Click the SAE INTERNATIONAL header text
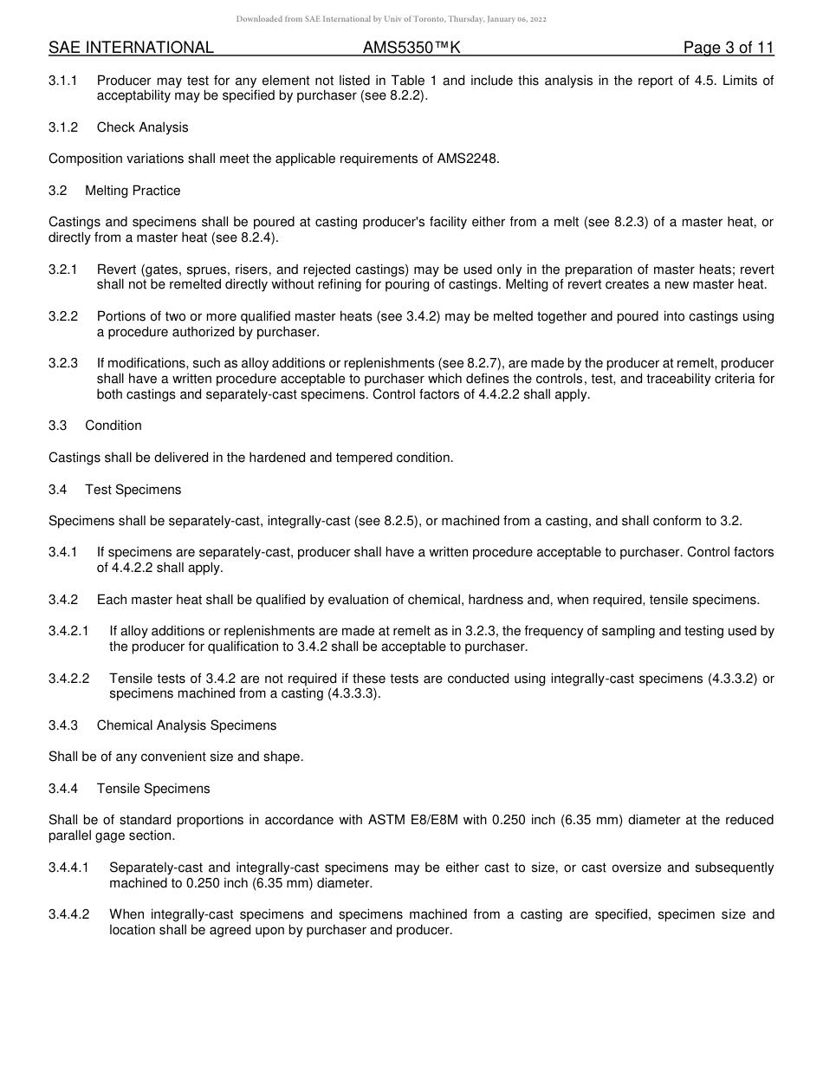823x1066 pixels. tap(131, 48)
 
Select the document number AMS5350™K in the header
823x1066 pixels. tap(411, 48)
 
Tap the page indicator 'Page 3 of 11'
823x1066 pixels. tap(728, 48)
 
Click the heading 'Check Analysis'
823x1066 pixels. tap(142, 127)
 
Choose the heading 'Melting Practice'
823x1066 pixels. tap(133, 191)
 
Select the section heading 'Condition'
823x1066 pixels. tap(113, 426)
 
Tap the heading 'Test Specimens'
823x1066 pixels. tap(133, 490)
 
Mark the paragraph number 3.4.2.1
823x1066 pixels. tap(68, 631)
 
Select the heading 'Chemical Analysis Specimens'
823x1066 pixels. tap(186, 725)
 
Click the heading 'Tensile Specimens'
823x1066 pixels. tap(153, 789)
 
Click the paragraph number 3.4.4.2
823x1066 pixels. tap(68, 914)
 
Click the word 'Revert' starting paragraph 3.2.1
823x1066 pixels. tap(115, 269)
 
